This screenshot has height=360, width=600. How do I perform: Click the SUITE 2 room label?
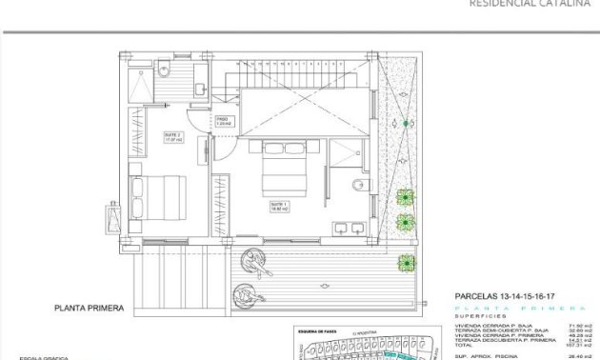[x=171, y=135]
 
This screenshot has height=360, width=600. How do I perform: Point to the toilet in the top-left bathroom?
[x=164, y=68]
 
